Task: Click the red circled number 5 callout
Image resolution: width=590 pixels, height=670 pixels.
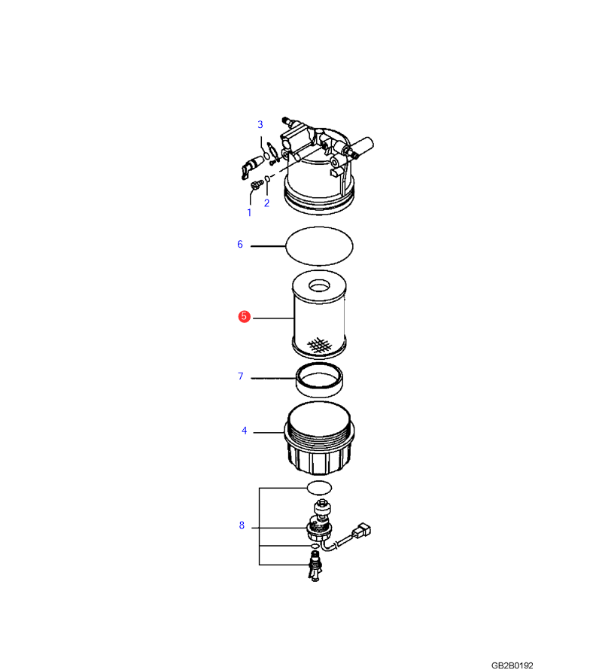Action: (244, 316)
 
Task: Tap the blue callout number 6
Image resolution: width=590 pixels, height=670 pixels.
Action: (240, 244)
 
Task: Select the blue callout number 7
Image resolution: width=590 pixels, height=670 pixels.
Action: (241, 376)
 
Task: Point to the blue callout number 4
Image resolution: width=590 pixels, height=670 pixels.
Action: (245, 431)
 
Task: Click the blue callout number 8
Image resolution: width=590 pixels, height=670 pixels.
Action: (242, 525)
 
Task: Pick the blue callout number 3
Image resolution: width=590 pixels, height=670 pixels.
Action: (260, 124)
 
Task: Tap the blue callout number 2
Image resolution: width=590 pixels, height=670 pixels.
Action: (266, 203)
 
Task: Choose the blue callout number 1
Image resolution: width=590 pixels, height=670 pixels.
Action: (250, 212)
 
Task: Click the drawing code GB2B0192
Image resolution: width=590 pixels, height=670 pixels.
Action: (512, 665)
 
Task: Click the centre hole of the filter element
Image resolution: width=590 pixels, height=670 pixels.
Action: (319, 285)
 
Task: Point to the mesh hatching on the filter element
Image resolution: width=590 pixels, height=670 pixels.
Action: (320, 345)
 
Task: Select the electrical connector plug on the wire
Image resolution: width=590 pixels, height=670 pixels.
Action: (361, 530)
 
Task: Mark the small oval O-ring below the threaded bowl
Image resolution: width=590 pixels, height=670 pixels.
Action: (320, 486)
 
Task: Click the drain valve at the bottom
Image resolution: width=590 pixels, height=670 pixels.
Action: (315, 566)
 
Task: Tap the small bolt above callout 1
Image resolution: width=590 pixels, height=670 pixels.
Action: (255, 185)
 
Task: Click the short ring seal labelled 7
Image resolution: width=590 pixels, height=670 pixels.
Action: (319, 380)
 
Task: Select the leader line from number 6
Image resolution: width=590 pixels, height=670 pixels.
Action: (268, 246)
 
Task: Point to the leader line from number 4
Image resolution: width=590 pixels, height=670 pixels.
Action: (269, 432)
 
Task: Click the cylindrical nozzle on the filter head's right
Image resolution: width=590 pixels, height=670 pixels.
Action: (362, 145)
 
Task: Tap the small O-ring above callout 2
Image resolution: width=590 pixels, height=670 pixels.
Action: (267, 178)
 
